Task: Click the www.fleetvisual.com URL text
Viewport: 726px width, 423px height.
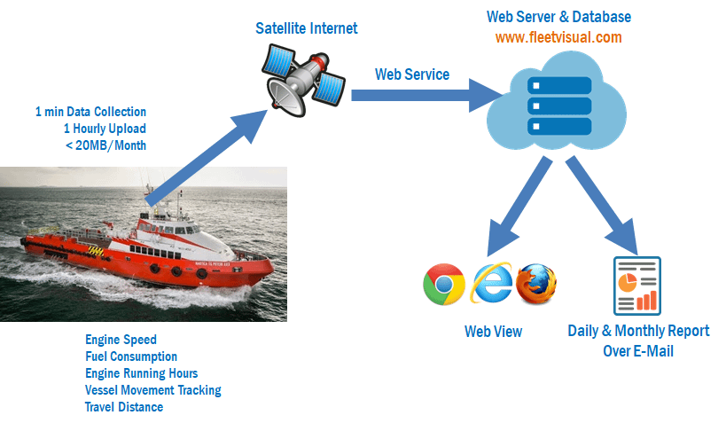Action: tap(558, 37)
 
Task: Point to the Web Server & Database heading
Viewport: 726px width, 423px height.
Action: tap(558, 17)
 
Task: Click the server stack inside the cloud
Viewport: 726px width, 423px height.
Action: tap(559, 105)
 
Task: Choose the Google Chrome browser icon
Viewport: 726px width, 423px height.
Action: tap(444, 284)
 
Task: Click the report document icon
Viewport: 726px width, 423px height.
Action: tap(637, 284)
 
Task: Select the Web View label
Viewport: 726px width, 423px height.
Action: tap(493, 332)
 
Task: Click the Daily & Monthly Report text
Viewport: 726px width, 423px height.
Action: tap(638, 331)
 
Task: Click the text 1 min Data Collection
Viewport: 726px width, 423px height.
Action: tap(90, 112)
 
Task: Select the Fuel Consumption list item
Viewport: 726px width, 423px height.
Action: tap(131, 356)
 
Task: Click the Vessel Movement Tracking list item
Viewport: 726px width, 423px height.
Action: tap(152, 390)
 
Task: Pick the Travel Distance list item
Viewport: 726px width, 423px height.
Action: tap(124, 407)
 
